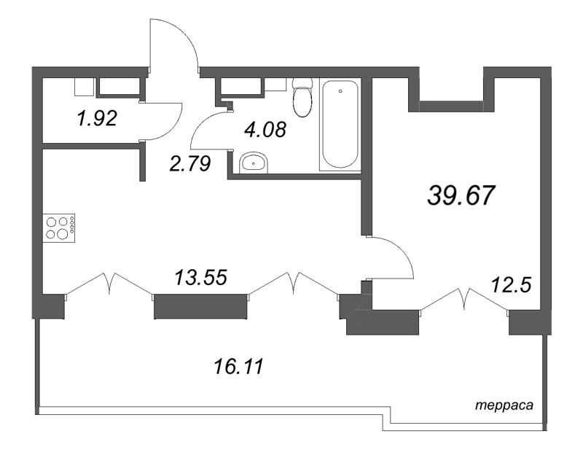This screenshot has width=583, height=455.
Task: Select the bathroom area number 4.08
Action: coord(265,131)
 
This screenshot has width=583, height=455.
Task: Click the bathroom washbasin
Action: coord(252,163)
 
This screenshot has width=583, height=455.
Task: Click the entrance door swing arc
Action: coord(175,44)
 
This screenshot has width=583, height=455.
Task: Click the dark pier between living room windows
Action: coord(200,306)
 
